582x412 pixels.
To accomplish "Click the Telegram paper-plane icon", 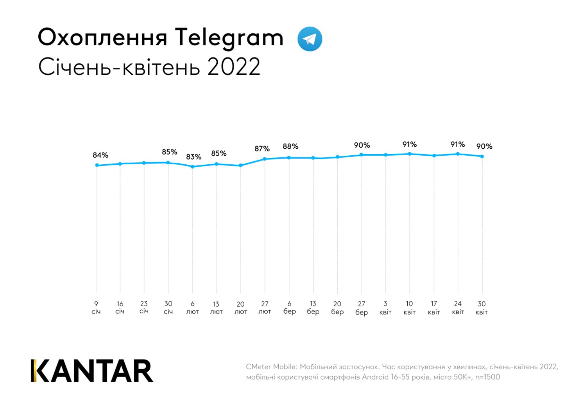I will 310,39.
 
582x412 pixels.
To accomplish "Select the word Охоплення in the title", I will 102,38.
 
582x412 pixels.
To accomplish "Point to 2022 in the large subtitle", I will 233,67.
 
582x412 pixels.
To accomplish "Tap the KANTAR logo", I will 92,371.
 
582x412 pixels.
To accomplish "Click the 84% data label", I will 100,155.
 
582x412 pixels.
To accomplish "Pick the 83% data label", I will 193,157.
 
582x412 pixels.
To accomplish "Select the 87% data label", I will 262,149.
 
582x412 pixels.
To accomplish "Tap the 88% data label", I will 290,146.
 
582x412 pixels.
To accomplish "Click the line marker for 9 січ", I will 97,165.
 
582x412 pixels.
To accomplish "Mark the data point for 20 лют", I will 241,166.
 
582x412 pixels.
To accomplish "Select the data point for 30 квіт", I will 482,157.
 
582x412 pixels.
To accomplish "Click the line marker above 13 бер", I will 313,158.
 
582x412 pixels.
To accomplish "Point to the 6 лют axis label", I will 192,308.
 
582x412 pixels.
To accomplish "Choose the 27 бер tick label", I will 362,308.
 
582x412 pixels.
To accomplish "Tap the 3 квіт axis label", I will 385,308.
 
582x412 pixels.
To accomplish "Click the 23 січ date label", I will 144,307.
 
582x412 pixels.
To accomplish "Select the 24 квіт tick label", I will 458,308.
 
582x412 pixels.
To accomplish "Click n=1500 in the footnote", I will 487,377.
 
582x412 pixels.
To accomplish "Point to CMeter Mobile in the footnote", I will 271,367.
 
